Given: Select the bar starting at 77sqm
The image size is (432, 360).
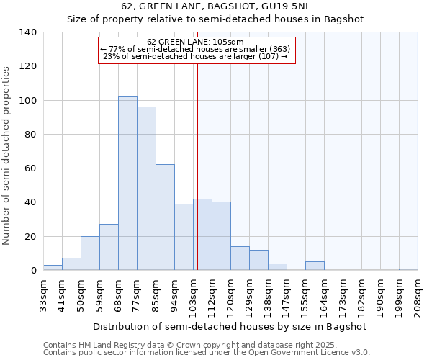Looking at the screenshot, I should [x=146, y=189].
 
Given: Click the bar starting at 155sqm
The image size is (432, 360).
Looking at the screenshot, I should [x=315, y=266].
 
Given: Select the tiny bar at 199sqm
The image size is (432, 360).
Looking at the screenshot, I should [x=408, y=269].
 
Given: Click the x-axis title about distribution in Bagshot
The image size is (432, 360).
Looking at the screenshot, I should [x=230, y=327].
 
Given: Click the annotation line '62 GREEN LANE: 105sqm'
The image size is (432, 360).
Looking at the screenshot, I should [x=195, y=42].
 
